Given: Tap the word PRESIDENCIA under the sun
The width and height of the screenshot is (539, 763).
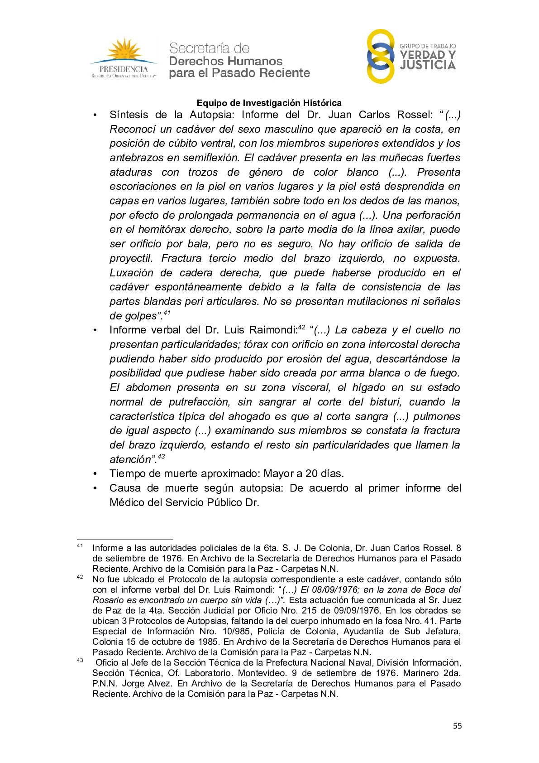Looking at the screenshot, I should point(124,69).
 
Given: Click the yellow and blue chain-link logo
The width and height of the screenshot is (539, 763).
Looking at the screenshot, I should point(380,57).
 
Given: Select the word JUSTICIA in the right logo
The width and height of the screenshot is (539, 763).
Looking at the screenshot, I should point(428,66).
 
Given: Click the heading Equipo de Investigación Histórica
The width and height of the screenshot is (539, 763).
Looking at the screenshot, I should point(269,103).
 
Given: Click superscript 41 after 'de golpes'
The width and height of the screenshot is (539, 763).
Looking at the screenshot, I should point(167,313).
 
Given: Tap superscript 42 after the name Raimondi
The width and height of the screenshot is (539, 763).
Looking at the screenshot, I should point(302,327).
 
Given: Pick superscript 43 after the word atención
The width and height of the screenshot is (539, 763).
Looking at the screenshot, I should point(161,456).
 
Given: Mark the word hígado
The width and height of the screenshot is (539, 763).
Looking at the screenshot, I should point(369,387).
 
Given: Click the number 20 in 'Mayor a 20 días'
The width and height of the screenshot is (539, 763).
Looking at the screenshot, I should point(311,473).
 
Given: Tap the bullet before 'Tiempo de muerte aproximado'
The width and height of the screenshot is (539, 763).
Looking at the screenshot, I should point(95,474).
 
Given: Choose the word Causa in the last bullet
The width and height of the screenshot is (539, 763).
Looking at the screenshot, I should point(124,488).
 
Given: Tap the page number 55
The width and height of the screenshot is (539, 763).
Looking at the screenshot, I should point(457,726).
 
